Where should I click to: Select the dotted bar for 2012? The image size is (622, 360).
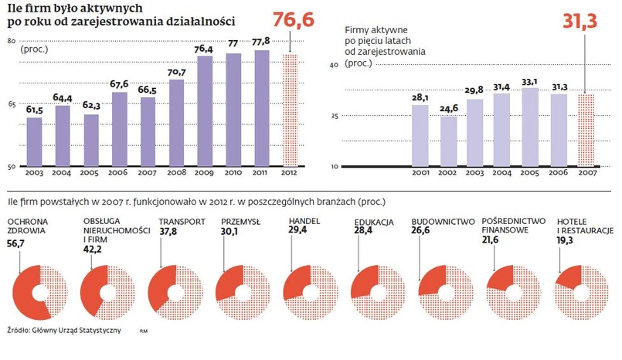(289, 110)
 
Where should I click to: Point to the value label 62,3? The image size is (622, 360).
(91, 106)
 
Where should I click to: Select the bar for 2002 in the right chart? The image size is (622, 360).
(448, 141)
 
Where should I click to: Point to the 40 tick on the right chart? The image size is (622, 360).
(335, 66)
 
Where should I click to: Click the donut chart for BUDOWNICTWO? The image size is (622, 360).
(443, 293)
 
